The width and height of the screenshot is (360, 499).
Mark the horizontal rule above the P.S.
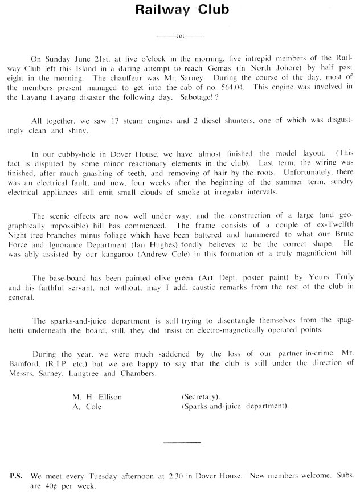182,441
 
